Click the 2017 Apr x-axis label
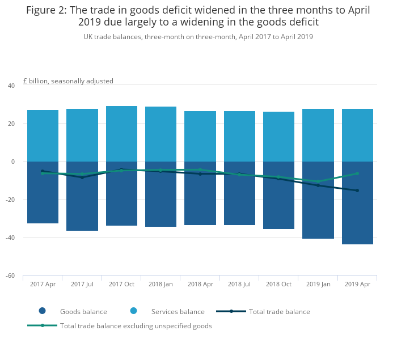point(43,284)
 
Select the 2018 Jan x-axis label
point(161,284)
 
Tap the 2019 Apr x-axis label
point(357,284)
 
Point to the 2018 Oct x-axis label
point(278,284)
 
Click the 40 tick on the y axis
point(11,86)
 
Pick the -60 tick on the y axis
point(10,276)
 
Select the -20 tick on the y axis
point(10,200)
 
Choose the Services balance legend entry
point(178,312)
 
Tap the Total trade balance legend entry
point(279,312)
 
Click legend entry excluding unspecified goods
point(136,326)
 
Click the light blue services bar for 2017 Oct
point(121,134)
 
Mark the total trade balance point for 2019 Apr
point(357,190)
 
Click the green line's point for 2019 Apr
point(357,173)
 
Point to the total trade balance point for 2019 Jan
point(318,185)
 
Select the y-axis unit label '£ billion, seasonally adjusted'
point(68,81)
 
